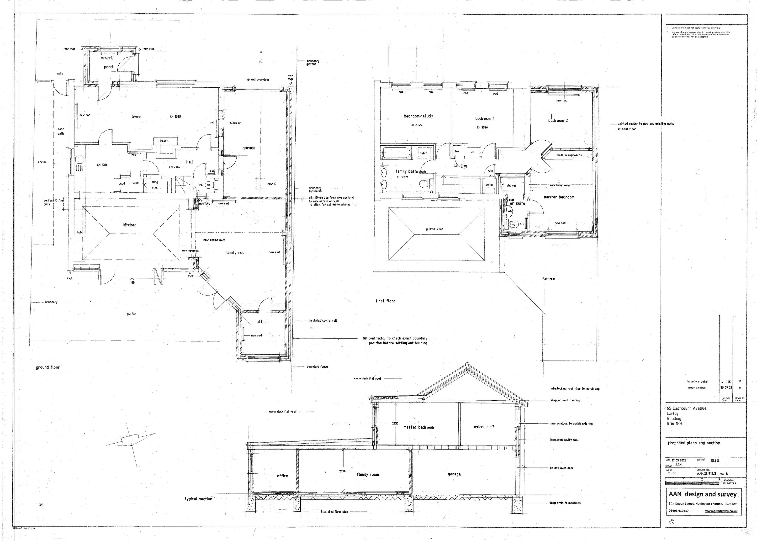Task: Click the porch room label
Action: point(109,67)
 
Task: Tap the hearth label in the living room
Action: point(165,141)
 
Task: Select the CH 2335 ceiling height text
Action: point(175,117)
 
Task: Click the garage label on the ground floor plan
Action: point(249,148)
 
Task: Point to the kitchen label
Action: point(129,225)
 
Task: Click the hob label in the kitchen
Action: point(79,232)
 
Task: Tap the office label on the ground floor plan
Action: point(262,321)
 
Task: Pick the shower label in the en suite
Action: point(511,186)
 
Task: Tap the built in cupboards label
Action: point(569,155)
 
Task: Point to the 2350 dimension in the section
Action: point(342,471)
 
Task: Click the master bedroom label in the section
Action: point(418,427)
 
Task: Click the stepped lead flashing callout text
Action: point(565,400)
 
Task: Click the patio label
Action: point(131,314)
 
